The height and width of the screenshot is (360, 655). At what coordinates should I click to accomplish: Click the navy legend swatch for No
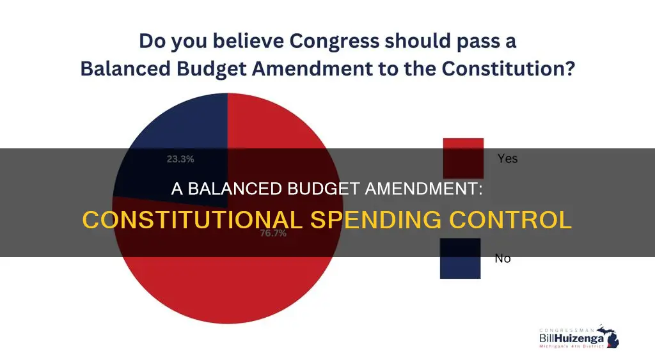460,258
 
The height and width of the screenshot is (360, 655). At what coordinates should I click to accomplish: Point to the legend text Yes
507,158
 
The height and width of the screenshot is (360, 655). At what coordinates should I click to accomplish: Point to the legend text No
503,259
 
